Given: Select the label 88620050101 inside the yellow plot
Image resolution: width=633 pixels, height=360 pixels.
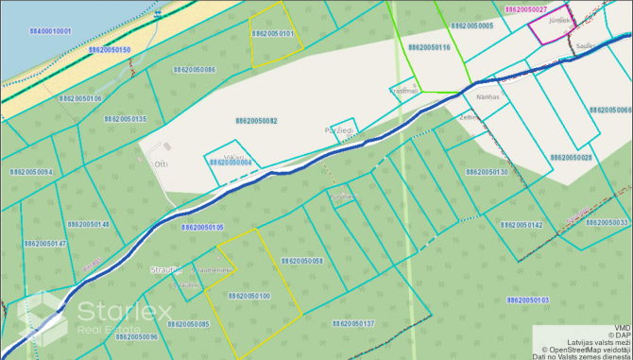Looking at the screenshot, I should (272, 34).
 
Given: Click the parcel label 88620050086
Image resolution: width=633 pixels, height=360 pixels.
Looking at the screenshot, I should (195, 69).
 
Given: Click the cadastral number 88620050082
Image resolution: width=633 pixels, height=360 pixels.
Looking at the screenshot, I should (256, 121).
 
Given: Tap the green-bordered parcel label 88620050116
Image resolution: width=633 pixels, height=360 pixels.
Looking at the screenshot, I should (429, 46).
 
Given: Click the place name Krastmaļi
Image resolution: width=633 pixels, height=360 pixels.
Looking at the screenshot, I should (403, 92).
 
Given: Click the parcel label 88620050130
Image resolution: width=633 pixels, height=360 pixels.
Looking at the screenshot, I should (487, 172).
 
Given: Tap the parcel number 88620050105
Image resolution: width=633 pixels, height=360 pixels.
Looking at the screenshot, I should (202, 228).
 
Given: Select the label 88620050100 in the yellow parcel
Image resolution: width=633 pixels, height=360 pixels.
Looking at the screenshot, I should (249, 296).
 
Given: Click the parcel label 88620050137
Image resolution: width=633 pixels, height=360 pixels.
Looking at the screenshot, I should (353, 323).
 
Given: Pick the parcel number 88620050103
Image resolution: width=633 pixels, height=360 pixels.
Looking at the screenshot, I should (527, 300).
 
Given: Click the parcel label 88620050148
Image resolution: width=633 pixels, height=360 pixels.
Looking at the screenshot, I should (89, 224).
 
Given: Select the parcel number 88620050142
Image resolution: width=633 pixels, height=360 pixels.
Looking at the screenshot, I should (522, 225).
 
